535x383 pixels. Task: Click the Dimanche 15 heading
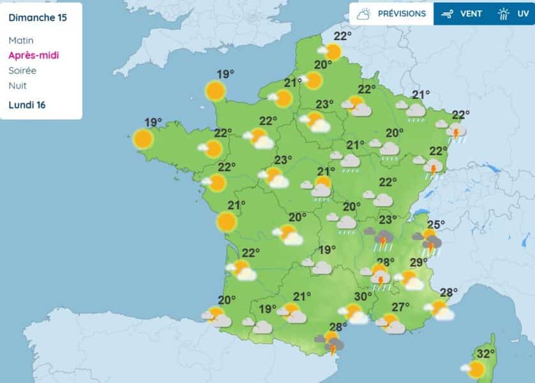(38, 17)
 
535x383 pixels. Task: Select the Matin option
(21, 40)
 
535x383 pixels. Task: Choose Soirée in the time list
(22, 71)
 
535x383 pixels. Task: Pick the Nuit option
(18, 86)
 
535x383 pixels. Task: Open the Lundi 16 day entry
(27, 105)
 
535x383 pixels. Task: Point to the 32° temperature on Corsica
(486, 354)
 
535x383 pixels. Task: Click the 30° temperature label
(363, 297)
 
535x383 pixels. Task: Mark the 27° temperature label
(400, 307)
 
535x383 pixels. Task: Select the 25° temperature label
(435, 225)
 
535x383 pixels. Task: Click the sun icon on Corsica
(474, 369)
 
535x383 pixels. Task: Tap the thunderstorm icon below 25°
(430, 243)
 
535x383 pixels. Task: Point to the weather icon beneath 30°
(354, 314)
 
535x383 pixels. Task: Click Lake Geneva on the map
(421, 214)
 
